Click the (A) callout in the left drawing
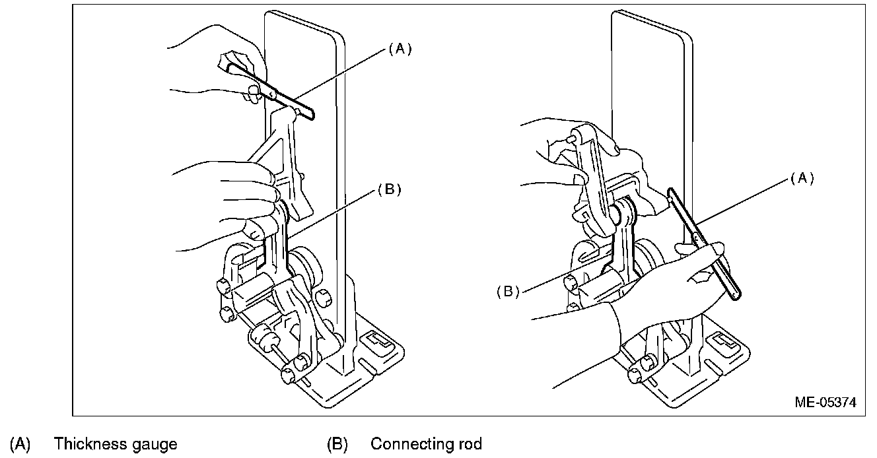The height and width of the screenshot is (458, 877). point(400,49)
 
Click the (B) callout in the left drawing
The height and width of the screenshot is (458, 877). point(389,190)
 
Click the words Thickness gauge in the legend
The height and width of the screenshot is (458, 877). point(116,443)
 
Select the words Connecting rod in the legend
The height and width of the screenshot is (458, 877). point(426,443)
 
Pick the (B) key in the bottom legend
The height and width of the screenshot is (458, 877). point(337,443)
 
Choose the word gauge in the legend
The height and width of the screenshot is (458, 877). point(155,443)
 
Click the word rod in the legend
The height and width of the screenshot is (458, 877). point(470,443)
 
